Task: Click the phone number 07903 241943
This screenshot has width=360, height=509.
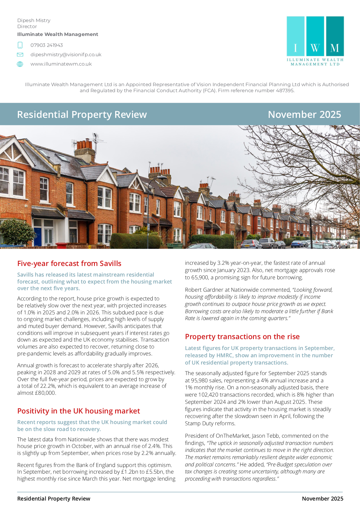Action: [47, 45]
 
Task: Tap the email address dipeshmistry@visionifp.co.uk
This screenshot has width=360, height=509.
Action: [66, 55]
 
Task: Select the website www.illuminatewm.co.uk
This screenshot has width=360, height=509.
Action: [61, 64]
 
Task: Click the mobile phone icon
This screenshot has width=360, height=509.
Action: [20, 45]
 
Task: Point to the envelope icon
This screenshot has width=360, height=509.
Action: [20, 55]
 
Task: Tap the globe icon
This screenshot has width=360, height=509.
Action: [20, 64]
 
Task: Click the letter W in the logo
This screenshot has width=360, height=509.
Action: [315, 48]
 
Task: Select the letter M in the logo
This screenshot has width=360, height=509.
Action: [335, 48]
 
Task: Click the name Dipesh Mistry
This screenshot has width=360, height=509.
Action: [34, 21]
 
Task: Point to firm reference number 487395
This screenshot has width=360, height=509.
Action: [284, 91]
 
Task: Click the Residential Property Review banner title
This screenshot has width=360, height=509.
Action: [82, 115]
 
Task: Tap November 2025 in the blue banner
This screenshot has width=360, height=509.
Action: [304, 115]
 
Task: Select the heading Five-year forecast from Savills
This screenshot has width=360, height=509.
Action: [69, 264]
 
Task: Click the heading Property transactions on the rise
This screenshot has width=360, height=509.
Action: [242, 337]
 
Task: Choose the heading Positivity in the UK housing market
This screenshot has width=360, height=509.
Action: [79, 411]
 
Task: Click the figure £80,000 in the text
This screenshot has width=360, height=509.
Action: [46, 393]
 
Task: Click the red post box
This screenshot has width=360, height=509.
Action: [61, 245]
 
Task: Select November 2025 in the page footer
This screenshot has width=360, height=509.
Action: [323, 499]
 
